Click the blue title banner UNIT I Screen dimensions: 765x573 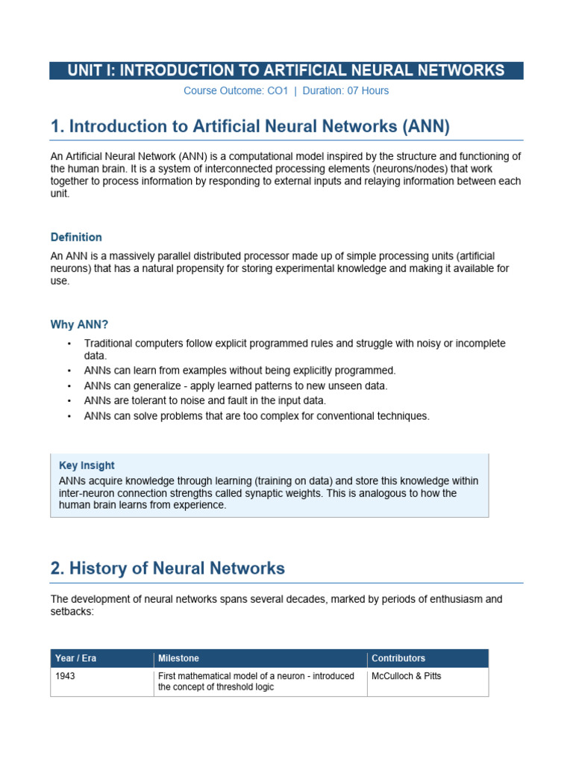(286, 71)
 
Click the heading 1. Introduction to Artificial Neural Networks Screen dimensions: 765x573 (250, 126)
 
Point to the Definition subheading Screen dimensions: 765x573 (76, 238)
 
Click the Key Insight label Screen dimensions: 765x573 (87, 465)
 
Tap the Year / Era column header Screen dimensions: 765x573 (75, 658)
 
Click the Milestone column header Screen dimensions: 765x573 (178, 658)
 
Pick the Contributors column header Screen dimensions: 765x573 (398, 658)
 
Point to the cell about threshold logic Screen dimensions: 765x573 (255, 682)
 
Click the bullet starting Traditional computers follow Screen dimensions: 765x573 (294, 350)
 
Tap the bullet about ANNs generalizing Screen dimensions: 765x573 (236, 385)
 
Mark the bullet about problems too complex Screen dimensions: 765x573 (257, 416)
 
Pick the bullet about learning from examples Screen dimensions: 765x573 (239, 371)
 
